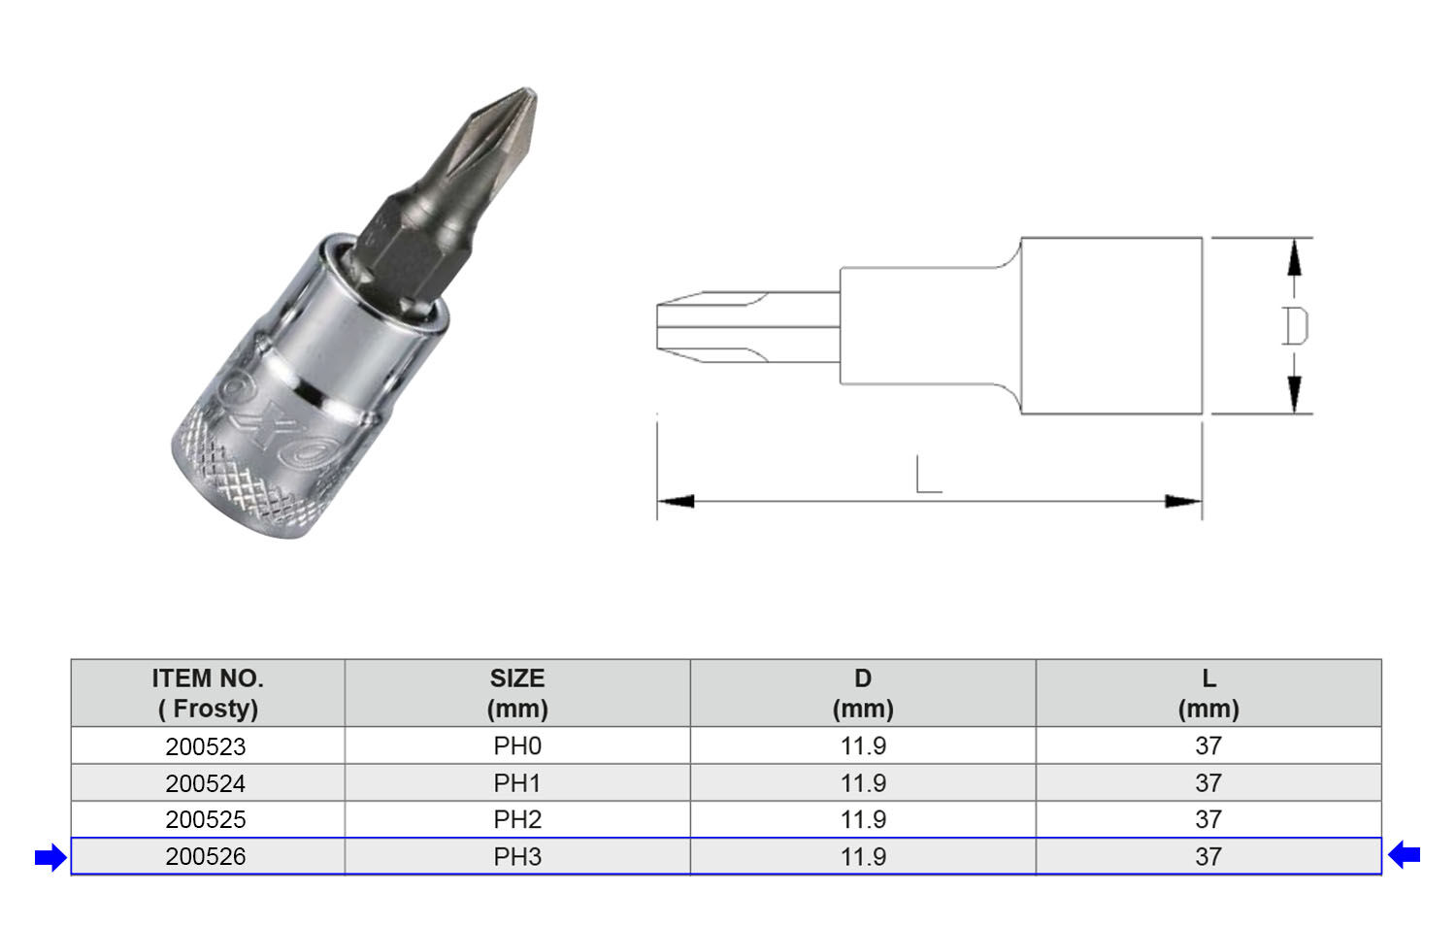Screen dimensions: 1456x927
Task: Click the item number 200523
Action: [206, 746]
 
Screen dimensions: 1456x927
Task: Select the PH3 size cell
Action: [517, 857]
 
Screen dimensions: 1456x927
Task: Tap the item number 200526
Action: [206, 857]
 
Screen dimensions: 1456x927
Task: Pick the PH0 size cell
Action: [517, 746]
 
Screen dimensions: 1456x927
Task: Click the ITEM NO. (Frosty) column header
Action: [208, 693]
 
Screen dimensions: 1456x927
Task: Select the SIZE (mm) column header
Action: [517, 693]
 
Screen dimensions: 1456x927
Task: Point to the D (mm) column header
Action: [863, 693]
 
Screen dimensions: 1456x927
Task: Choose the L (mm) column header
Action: [1209, 693]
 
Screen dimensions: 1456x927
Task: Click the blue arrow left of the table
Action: [50, 857]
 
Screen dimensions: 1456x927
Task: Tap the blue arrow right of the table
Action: [1404, 854]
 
